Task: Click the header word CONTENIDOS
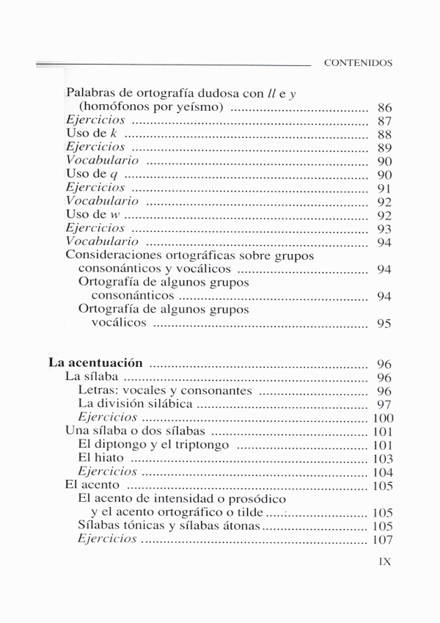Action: point(358,63)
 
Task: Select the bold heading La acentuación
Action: point(95,362)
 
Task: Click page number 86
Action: point(384,108)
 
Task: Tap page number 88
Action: point(384,135)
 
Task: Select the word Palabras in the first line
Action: point(91,94)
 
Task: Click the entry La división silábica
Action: point(135,404)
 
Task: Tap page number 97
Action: point(384,404)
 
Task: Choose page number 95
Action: point(384,324)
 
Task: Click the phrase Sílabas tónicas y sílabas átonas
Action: point(168,525)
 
